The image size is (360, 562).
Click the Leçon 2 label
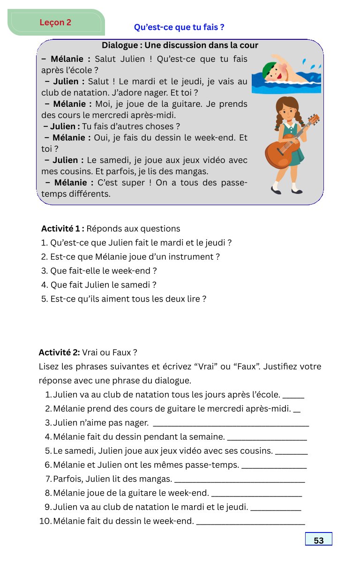(x=55, y=22)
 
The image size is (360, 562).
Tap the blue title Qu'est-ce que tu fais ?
(x=179, y=27)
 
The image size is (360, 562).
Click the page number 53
(x=319, y=540)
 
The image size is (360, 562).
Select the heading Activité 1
(x=62, y=229)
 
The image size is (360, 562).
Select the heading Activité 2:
(x=59, y=352)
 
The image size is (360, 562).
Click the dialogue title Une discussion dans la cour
(x=180, y=45)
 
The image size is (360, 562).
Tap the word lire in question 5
(x=193, y=298)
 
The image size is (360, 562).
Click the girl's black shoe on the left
(x=276, y=191)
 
